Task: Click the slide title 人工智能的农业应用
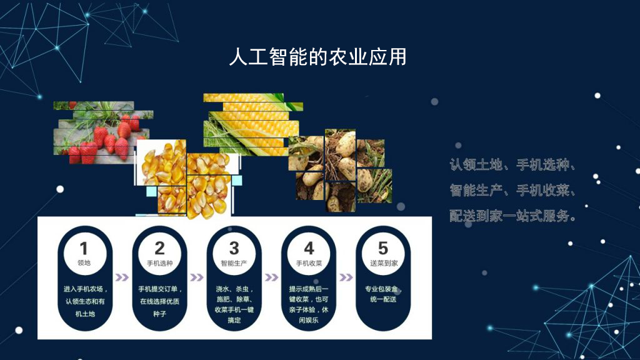pos(317,57)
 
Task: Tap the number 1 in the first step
pos(84,248)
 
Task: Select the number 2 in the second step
pos(159,248)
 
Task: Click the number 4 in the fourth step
pos(309,248)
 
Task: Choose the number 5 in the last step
pos(383,248)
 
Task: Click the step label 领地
pos(84,263)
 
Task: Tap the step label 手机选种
pos(159,263)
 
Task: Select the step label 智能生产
pos(234,263)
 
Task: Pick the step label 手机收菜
pos(309,263)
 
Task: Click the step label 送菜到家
pos(384,263)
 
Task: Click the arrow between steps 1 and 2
pos(122,277)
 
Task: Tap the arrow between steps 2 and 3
pos(197,277)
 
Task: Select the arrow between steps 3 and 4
pos(271,277)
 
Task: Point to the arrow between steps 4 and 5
pos(346,277)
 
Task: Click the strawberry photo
pos(103,132)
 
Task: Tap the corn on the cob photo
pos(253,124)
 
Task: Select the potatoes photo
pos(340,170)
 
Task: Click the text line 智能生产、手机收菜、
pos(512,190)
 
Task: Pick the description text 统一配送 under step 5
pos(383,299)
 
